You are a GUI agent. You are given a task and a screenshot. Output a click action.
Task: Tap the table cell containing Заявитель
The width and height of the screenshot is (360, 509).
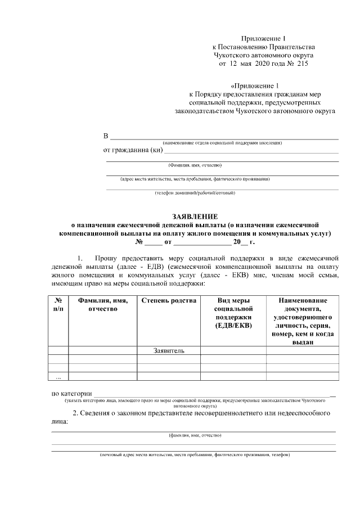(x=169, y=350)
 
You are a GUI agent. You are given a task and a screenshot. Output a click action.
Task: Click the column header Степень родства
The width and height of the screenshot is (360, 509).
(x=169, y=301)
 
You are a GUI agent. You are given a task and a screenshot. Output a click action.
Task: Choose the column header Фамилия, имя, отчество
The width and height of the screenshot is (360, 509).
(x=102, y=305)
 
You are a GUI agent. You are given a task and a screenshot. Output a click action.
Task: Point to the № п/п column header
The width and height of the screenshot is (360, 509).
(x=58, y=305)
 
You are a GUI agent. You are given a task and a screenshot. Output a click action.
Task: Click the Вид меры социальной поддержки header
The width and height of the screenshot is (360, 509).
(x=233, y=313)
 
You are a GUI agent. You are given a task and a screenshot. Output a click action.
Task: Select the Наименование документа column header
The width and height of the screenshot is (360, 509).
(x=302, y=321)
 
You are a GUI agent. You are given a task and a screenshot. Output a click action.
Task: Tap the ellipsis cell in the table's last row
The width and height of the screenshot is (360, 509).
(x=58, y=377)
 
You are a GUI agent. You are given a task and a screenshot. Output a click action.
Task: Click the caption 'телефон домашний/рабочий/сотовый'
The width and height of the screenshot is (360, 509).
(x=195, y=193)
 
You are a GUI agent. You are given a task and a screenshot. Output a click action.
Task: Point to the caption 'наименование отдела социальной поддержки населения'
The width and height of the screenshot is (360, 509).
(x=222, y=143)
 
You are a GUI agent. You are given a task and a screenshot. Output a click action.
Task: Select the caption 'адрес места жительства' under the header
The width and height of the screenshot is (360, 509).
(x=195, y=179)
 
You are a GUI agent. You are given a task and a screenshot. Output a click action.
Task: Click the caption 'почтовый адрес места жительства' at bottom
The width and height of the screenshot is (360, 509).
(x=195, y=454)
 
